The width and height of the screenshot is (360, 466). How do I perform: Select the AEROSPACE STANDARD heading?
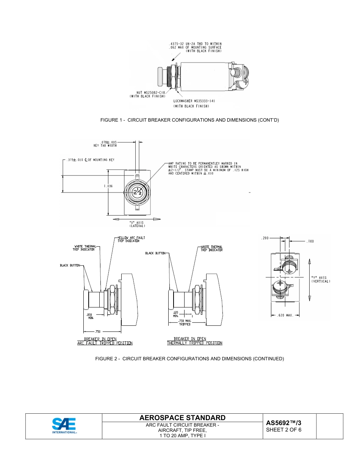(x=182, y=418)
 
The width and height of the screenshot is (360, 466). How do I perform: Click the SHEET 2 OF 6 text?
(x=284, y=430)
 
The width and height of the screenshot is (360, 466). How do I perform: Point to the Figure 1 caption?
(x=189, y=120)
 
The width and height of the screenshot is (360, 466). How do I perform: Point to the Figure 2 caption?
(x=189, y=358)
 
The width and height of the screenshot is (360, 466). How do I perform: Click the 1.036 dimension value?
(x=108, y=186)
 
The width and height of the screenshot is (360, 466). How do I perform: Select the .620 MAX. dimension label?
(x=286, y=315)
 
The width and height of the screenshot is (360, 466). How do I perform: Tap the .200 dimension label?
(x=265, y=238)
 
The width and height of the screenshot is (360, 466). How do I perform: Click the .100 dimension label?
(x=310, y=241)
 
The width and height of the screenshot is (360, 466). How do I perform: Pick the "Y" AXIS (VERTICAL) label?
(x=321, y=279)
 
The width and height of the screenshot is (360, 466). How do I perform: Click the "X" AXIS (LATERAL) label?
(x=137, y=224)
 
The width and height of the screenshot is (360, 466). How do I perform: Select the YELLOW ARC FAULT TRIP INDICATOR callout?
(x=131, y=239)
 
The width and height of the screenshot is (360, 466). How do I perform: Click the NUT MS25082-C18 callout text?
(x=151, y=94)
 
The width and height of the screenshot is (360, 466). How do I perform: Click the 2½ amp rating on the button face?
(x=137, y=192)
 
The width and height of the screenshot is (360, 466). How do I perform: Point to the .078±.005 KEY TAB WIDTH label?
(x=105, y=144)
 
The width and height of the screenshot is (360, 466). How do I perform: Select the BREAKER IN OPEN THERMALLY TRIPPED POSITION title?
(x=195, y=341)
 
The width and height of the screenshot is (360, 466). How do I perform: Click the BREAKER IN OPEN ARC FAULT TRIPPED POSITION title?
(x=105, y=341)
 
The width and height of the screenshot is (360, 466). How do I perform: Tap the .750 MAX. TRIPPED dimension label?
(x=185, y=323)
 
